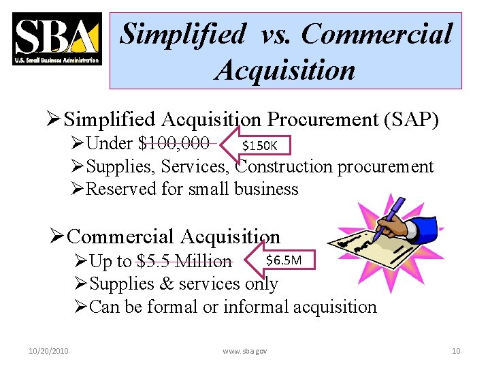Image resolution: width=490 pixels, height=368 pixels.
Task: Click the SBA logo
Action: [56, 40]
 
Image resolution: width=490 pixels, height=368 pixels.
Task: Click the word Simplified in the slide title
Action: [182, 33]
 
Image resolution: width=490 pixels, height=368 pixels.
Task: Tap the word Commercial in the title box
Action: [376, 33]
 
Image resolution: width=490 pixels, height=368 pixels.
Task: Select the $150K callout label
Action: [260, 145]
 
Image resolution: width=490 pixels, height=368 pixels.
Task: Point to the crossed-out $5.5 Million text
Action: [184, 261]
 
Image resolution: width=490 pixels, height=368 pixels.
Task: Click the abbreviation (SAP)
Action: [412, 120]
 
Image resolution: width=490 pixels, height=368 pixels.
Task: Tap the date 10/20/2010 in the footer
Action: [48, 351]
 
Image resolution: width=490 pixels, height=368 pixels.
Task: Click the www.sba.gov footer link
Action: [245, 351]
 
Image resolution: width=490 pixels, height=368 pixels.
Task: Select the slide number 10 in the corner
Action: [456, 351]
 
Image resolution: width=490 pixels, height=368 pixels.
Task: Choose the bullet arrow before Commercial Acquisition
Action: [57, 237]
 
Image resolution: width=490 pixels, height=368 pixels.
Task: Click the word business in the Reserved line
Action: [266, 189]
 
